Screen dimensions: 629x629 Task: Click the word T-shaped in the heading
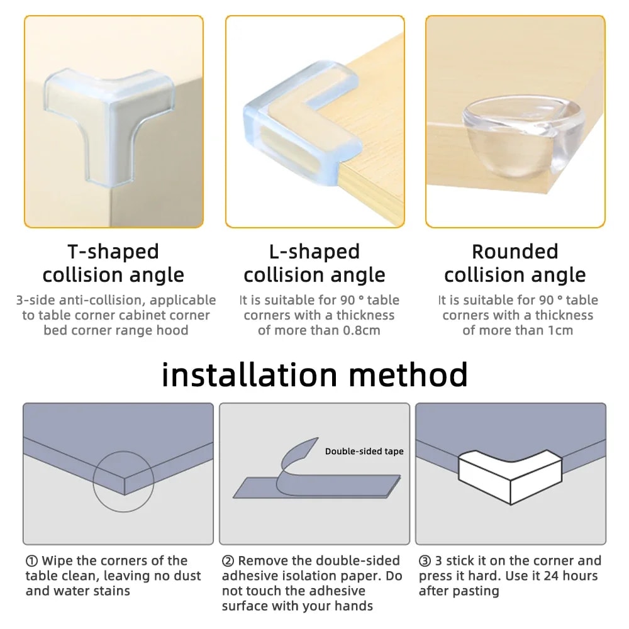[x=113, y=252]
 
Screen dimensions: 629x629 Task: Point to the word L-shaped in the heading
[x=314, y=252]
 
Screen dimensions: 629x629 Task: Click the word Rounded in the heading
[x=515, y=252]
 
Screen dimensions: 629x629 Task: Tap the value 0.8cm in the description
[x=360, y=330]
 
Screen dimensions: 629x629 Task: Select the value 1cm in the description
[x=559, y=330]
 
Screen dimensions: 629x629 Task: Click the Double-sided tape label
[x=364, y=451]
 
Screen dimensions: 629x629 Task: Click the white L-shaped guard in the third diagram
[x=509, y=475]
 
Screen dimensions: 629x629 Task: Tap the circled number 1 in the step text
[x=31, y=560]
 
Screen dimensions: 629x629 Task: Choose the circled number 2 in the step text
[x=228, y=560]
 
